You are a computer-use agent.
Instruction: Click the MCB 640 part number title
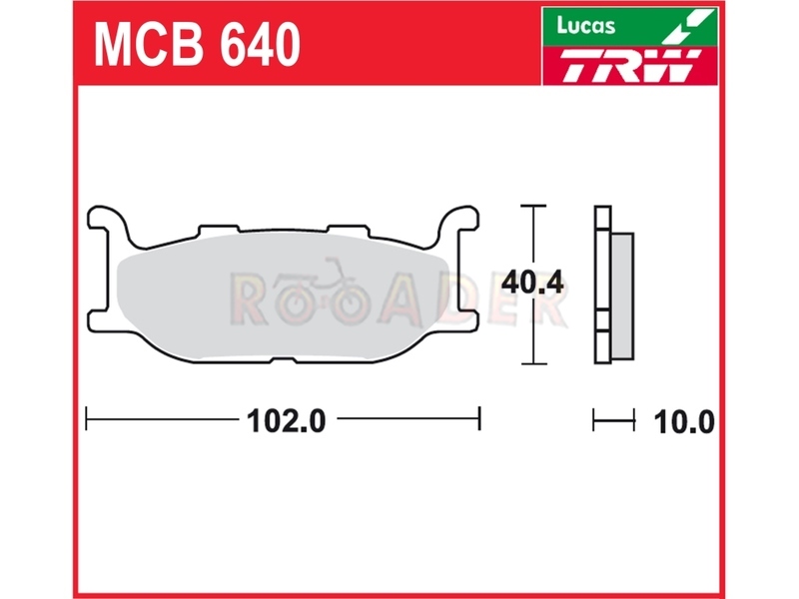197,45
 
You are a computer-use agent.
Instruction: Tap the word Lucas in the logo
586,26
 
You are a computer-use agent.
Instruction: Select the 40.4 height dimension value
532,283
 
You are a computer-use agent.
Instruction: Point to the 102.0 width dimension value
286,421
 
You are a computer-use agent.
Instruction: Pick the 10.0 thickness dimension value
684,422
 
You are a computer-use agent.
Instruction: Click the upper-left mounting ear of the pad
106,218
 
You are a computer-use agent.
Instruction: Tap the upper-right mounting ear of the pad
459,218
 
